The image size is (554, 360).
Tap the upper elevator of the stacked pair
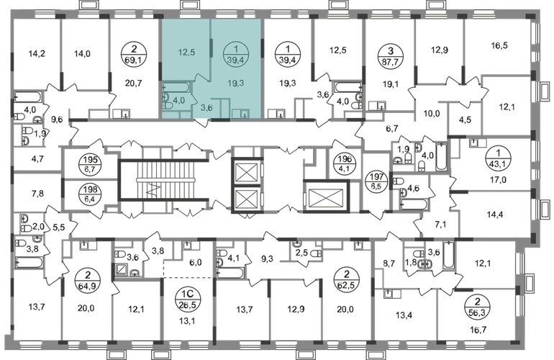(245, 171)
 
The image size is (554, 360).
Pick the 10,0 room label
(432, 113)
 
